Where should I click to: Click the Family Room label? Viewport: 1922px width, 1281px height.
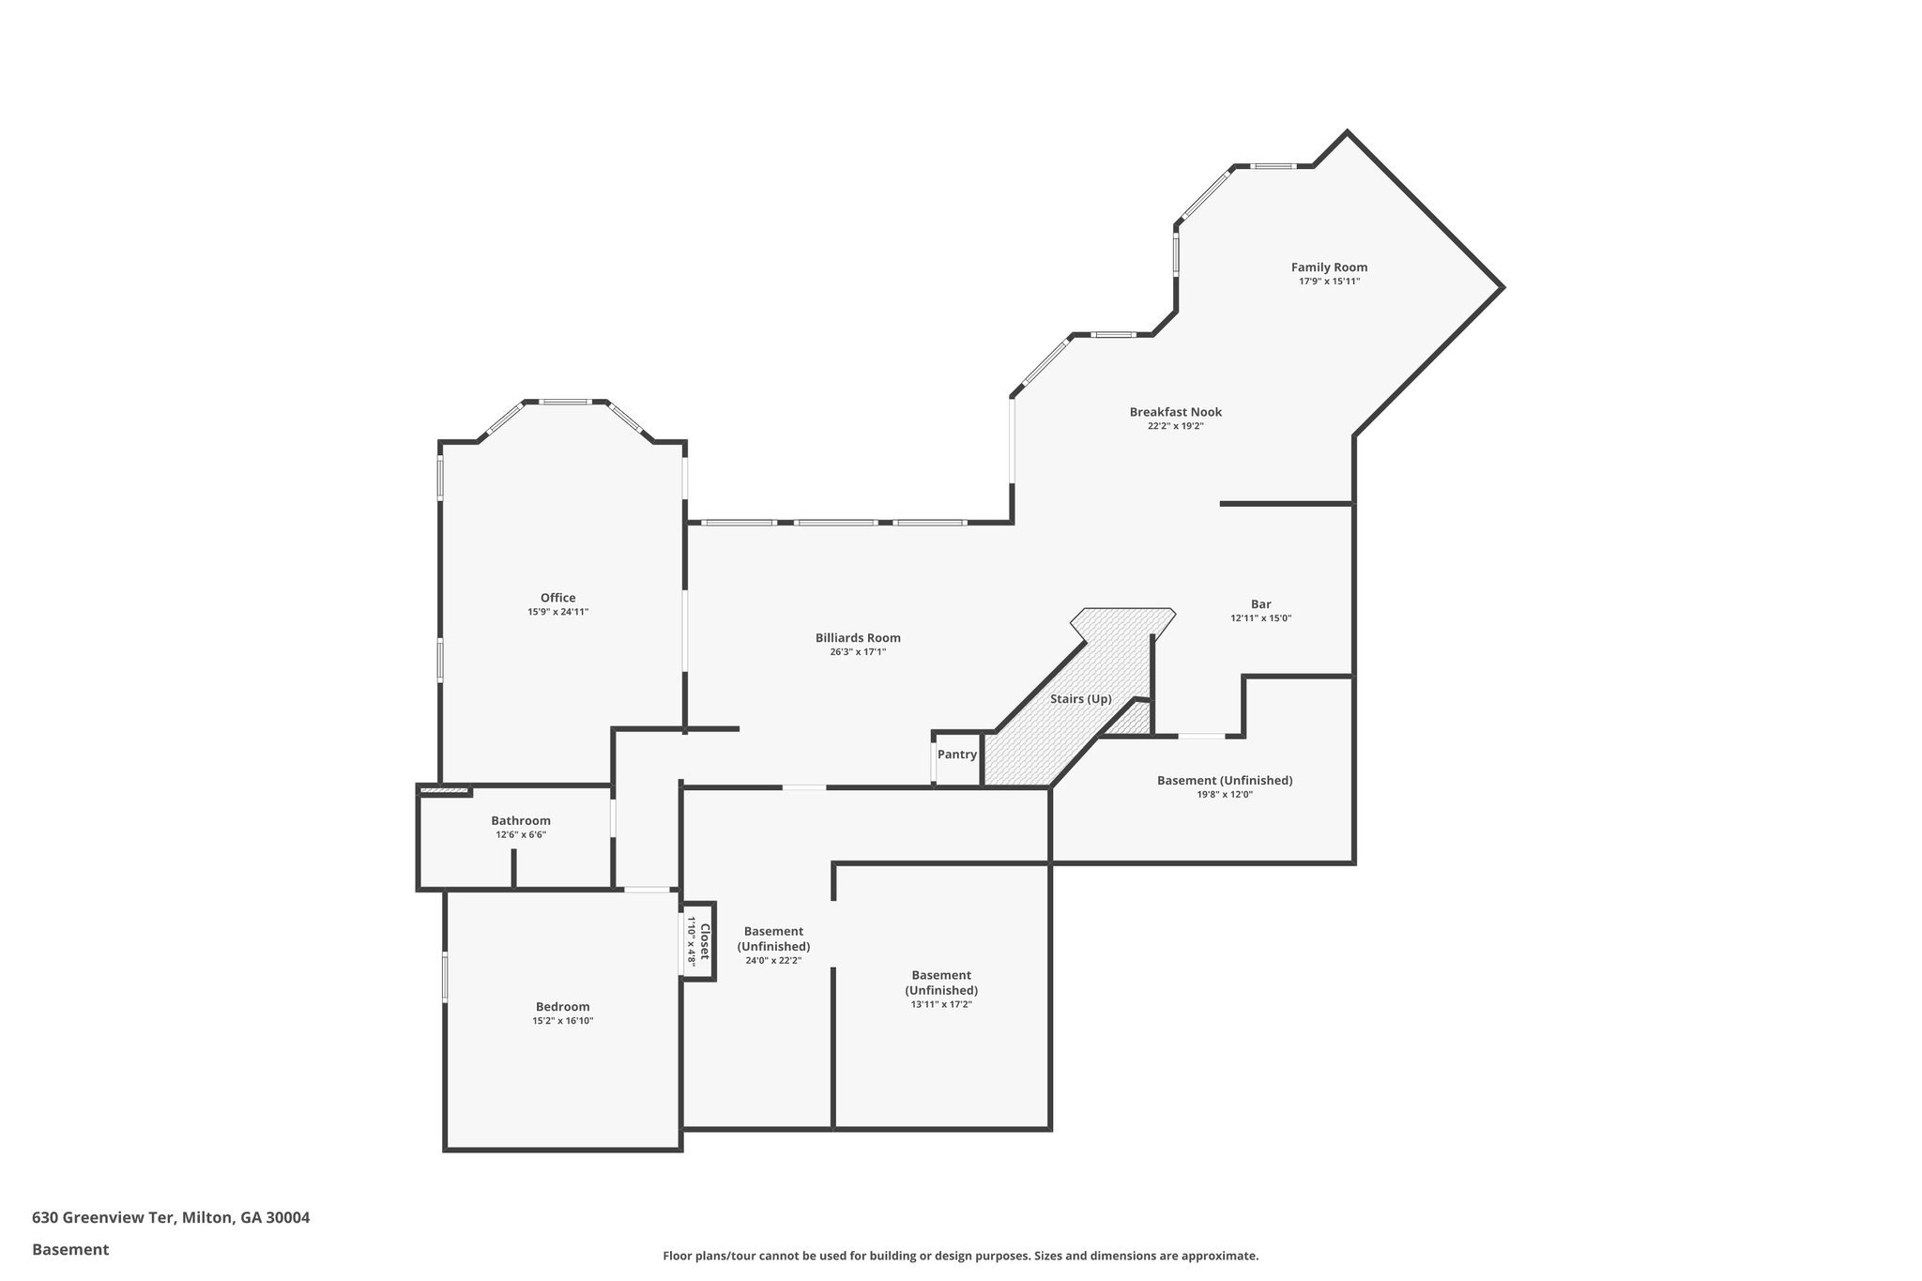[x=1329, y=267]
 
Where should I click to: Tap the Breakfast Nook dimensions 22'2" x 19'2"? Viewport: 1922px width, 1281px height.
[x=1175, y=426]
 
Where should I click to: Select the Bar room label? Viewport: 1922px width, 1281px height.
[x=1260, y=604]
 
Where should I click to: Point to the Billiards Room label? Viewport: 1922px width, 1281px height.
[x=858, y=638]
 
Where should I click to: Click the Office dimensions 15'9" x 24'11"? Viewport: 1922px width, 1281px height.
[x=557, y=612]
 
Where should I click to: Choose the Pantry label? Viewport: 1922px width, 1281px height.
[x=957, y=755]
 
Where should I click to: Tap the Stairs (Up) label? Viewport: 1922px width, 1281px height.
[x=1080, y=699]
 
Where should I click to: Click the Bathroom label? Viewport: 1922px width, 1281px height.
[x=521, y=821]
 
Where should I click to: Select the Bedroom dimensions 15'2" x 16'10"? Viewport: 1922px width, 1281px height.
[x=562, y=1021]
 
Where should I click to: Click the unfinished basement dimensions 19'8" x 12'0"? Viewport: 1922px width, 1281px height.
[x=1225, y=794]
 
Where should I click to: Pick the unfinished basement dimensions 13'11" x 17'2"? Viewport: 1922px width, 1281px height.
[x=940, y=1004]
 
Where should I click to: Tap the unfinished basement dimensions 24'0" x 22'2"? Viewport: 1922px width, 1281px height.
[x=773, y=960]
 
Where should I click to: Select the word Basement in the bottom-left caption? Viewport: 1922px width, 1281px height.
[x=70, y=1250]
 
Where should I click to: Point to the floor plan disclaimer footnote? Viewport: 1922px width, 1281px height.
[x=960, y=1256]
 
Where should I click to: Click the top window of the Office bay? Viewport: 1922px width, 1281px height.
[x=565, y=403]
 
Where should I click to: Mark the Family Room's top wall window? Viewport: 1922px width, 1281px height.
[x=1274, y=167]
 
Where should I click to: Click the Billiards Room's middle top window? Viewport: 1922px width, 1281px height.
[x=834, y=523]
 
